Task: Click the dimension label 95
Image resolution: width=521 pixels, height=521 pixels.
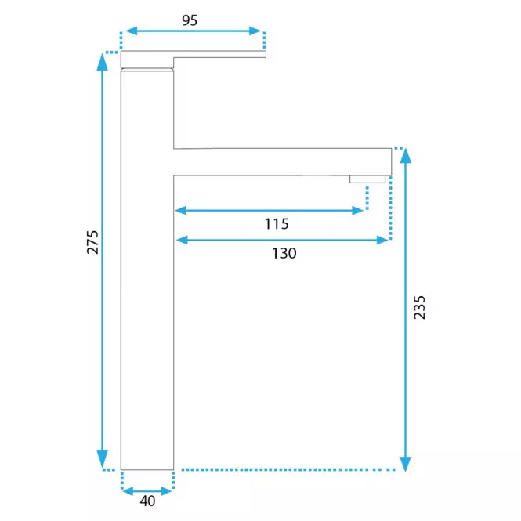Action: point(190,20)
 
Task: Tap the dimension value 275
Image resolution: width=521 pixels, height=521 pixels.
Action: point(92,242)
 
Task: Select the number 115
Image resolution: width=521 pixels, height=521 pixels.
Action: point(277,224)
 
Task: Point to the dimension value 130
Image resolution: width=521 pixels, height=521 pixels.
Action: point(284,253)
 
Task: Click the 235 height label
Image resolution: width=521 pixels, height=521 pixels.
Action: point(419,307)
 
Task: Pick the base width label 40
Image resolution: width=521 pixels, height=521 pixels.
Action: point(147,501)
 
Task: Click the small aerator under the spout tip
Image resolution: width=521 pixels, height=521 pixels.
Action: point(367,179)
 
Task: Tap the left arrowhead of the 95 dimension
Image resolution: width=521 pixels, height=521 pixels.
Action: point(132,31)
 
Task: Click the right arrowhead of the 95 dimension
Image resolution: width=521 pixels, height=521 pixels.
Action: point(255,31)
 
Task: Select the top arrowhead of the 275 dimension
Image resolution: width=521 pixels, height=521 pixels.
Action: point(103,62)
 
